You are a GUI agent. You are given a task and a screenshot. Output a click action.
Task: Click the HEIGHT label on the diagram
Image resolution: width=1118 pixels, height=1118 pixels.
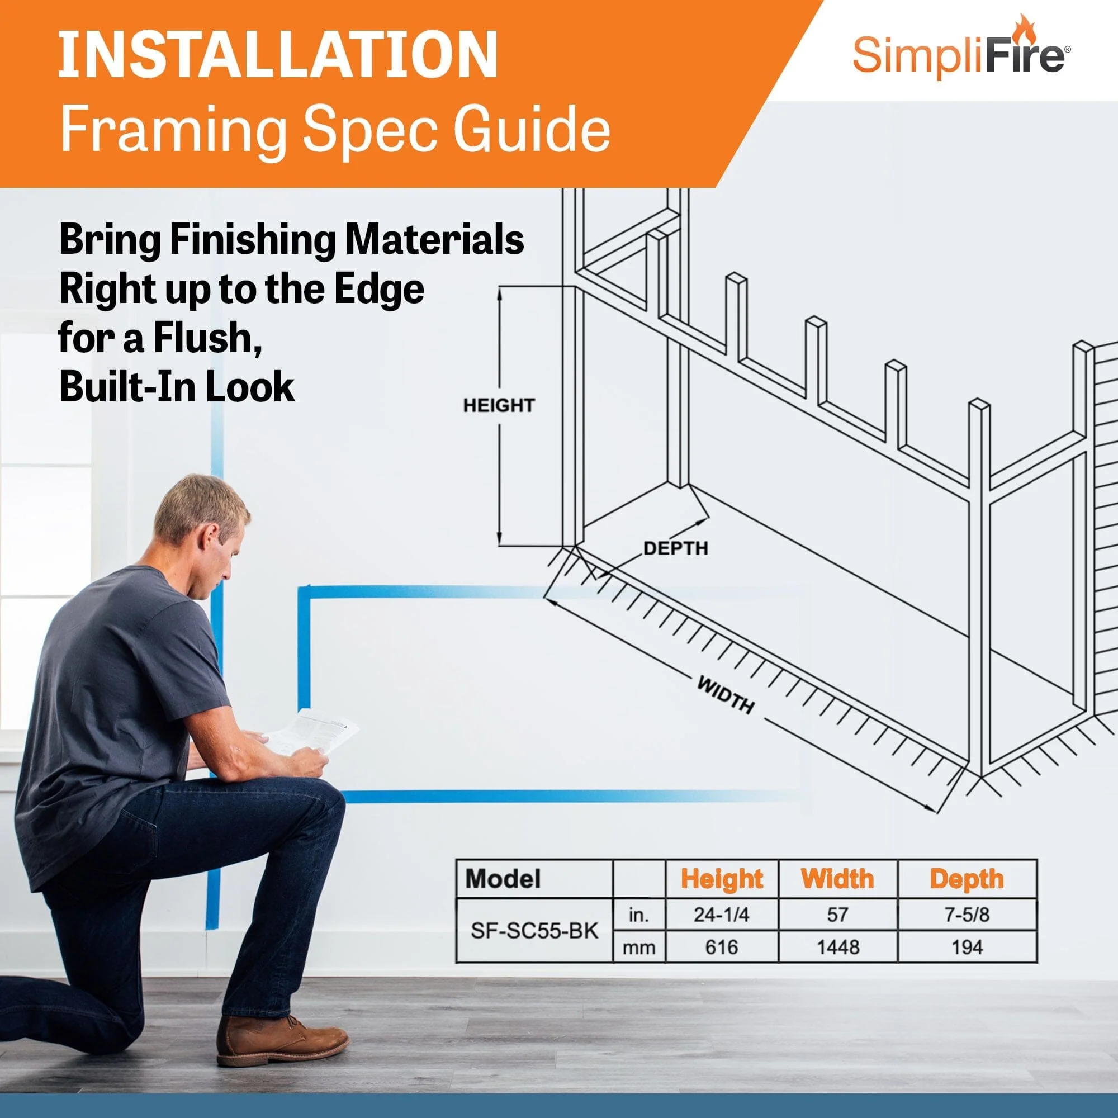[498, 405]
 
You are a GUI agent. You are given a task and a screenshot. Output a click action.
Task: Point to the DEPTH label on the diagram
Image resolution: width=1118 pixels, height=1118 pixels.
[675, 548]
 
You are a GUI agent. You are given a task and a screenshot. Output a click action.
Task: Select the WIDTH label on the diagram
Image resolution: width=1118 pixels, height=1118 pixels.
[726, 695]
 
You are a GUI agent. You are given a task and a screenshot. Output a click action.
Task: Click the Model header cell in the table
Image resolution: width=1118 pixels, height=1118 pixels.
[503, 879]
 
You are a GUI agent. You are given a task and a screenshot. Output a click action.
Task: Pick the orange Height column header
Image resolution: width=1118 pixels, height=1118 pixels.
[722, 879]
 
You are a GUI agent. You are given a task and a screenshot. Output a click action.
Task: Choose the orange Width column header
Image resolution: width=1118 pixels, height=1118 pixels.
[837, 879]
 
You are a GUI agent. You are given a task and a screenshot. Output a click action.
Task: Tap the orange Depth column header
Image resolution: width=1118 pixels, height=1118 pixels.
[967, 879]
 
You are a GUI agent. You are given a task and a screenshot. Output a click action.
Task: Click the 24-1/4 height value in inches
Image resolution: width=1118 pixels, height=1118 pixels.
[722, 915]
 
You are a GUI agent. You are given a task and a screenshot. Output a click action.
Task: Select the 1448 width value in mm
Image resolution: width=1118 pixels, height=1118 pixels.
[837, 948]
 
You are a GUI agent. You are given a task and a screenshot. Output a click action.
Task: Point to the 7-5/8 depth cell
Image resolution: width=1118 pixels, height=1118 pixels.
[967, 915]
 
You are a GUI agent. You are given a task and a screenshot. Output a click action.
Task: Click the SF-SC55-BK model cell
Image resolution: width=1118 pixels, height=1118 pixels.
[533, 931]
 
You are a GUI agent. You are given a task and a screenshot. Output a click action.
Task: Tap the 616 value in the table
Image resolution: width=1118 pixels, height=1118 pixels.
[722, 948]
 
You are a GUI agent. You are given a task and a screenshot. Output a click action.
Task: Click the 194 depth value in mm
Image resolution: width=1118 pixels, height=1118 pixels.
[967, 948]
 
